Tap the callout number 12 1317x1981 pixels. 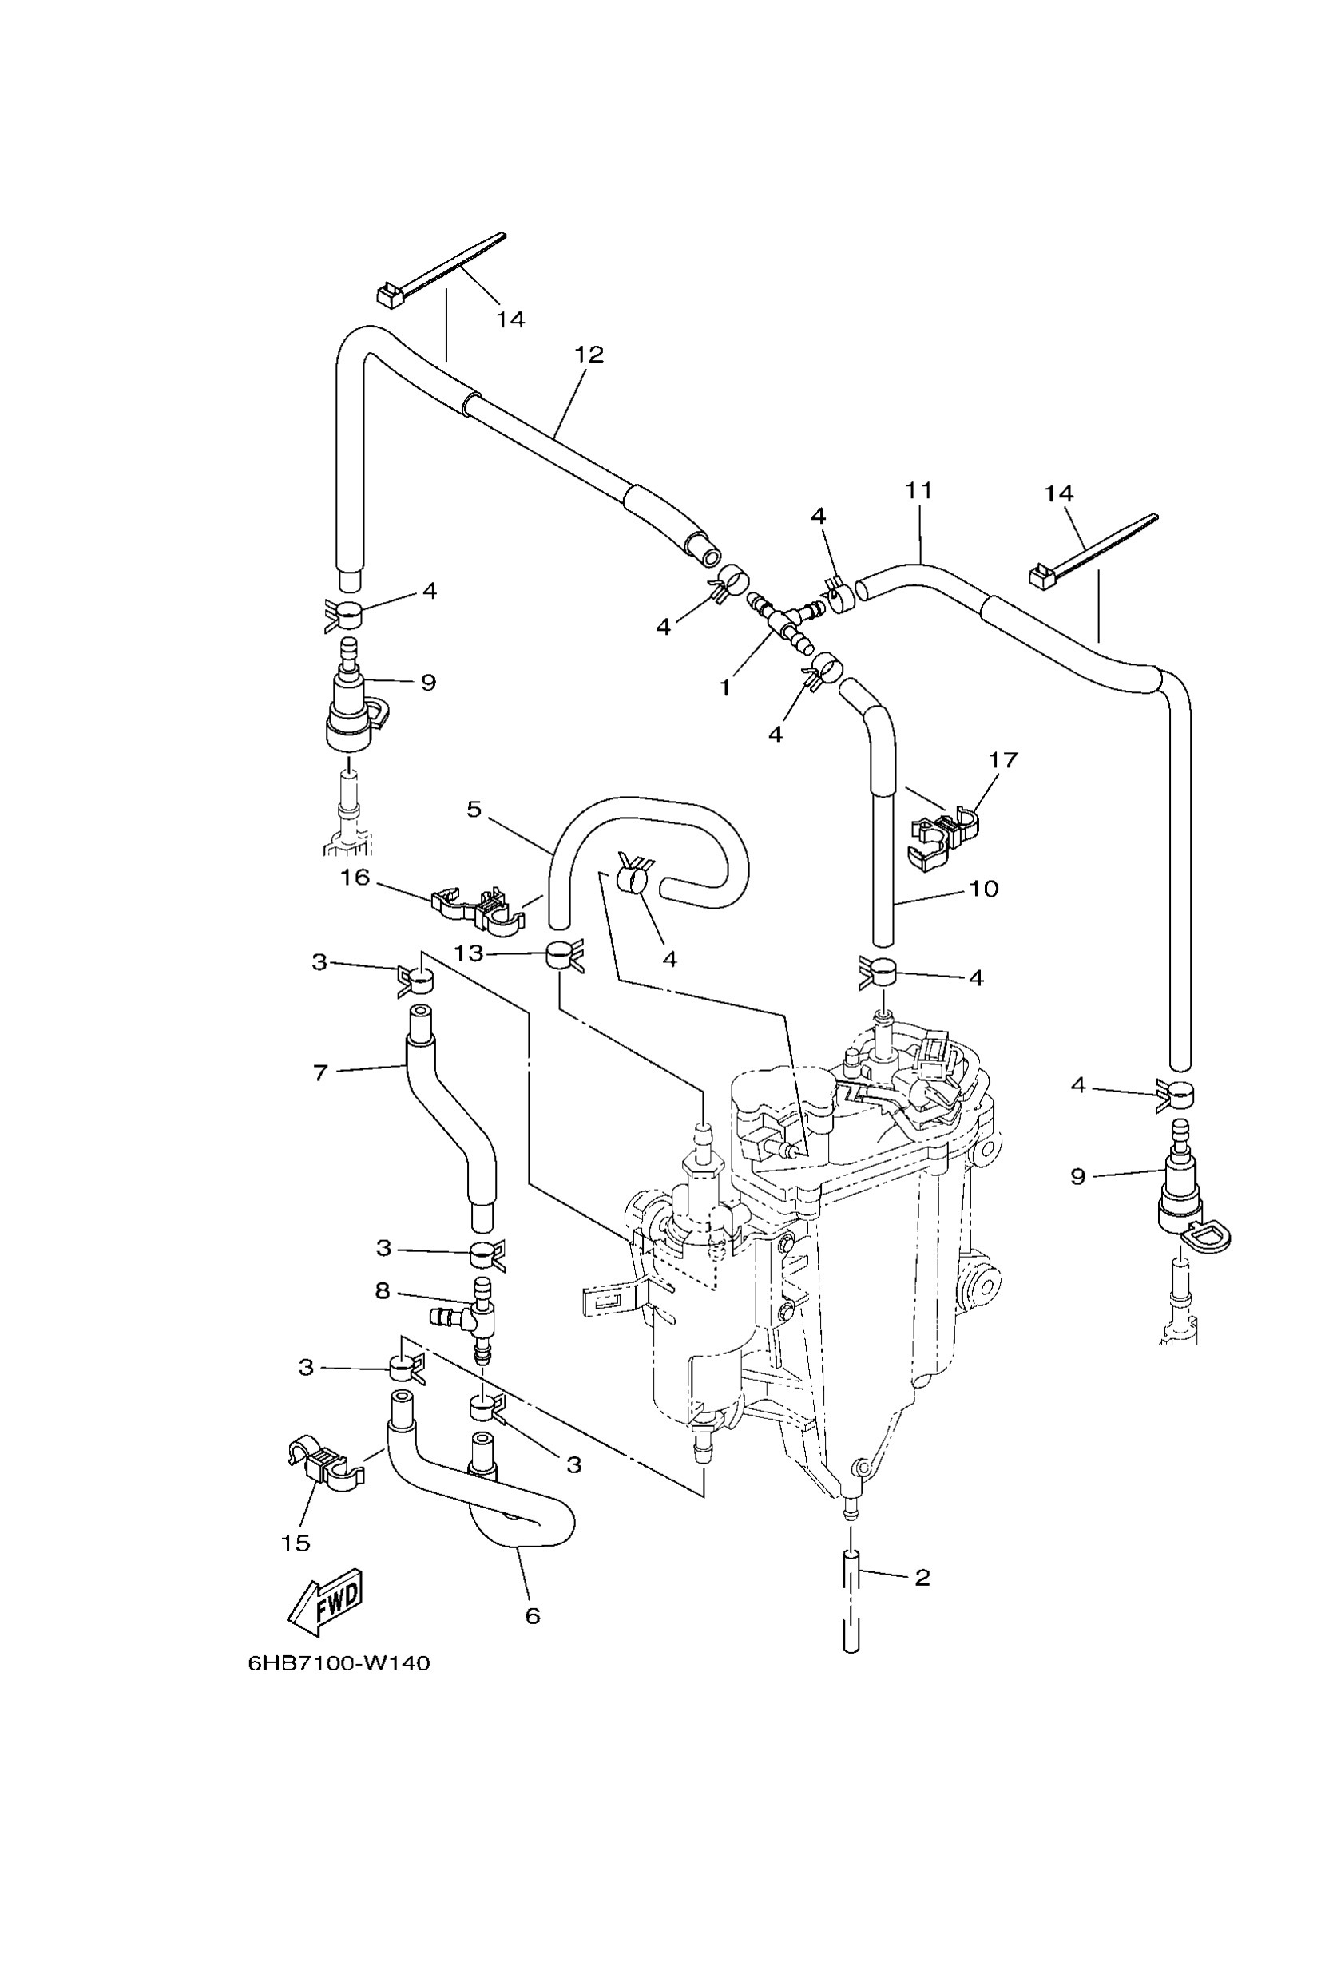click(589, 355)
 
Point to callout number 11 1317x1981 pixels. click(919, 490)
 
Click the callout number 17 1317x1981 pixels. click(1003, 760)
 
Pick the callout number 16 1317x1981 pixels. click(355, 878)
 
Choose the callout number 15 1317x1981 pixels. click(296, 1543)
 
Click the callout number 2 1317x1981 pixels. click(922, 1578)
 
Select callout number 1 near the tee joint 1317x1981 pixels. click(725, 687)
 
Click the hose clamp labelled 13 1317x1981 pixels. click(560, 956)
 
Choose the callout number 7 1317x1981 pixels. click(320, 1072)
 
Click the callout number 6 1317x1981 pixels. click(533, 1616)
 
